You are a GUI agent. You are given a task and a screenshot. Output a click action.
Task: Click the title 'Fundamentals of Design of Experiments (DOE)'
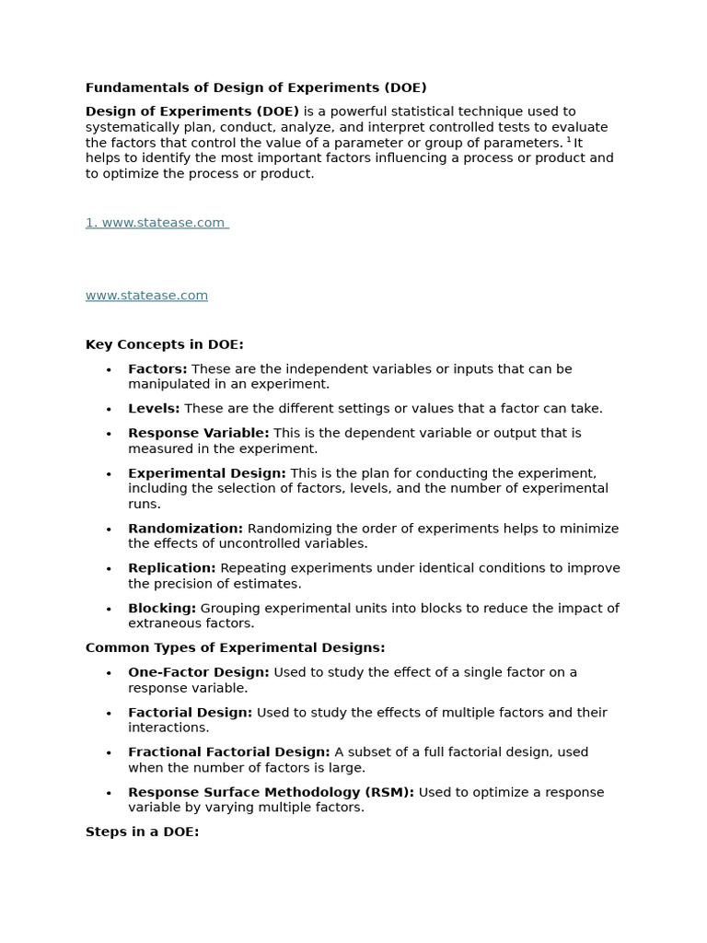coord(256,88)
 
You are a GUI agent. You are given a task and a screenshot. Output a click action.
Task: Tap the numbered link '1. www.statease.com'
coord(156,223)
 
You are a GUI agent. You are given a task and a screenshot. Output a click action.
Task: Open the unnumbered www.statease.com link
coord(146,296)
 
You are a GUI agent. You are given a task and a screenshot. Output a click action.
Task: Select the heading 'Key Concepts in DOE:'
coord(164,344)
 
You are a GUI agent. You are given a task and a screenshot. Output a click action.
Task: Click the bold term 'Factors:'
coord(157,369)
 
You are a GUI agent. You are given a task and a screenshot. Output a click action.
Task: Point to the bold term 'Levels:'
coord(154,409)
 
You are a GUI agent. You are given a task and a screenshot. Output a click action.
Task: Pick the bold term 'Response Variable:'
coord(198,433)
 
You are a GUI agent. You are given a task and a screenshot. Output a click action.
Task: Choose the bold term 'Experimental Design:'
coord(207,473)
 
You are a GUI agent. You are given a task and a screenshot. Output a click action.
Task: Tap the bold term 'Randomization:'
coord(185,529)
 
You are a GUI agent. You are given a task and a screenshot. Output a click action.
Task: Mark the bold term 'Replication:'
coord(171,568)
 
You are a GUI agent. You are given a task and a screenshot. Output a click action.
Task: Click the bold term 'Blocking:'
coord(162,609)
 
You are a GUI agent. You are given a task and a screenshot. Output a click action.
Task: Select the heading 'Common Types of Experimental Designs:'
coord(235,648)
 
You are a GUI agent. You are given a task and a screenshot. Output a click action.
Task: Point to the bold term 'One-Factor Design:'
coord(198,673)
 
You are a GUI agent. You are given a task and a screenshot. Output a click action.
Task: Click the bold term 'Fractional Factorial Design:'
coord(228,752)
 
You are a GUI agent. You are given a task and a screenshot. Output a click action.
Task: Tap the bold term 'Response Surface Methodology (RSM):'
coord(271,793)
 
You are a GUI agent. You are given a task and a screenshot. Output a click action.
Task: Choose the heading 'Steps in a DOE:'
coord(142,832)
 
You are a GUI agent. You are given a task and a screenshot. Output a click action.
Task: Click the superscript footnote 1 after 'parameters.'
coord(569,140)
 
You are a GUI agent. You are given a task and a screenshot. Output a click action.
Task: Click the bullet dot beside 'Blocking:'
coord(109,610)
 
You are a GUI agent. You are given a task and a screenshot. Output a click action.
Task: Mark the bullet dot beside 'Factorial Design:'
coord(109,714)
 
